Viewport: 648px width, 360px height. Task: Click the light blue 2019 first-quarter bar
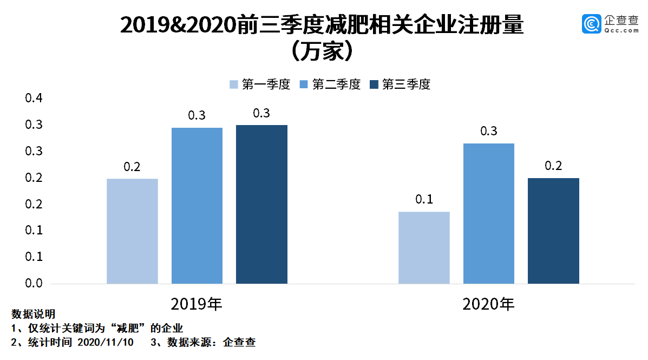[x=132, y=231]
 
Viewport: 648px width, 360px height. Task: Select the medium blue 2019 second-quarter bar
[x=197, y=206]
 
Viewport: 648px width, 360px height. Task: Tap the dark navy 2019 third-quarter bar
[x=261, y=204]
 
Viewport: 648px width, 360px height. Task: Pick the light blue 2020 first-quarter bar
[x=424, y=247]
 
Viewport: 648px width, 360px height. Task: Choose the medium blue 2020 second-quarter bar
[x=489, y=213]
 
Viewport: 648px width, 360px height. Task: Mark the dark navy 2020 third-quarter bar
[x=553, y=231]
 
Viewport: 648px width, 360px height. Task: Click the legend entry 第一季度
[x=260, y=84]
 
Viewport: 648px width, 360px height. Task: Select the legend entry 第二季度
[x=330, y=84]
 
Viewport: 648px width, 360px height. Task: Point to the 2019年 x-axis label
[x=197, y=304]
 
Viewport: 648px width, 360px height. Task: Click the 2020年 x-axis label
[x=488, y=304]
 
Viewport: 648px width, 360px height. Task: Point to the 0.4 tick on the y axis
[x=34, y=99]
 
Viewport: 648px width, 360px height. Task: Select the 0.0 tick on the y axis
[x=34, y=284]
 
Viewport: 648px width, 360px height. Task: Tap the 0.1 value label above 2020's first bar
[x=424, y=200]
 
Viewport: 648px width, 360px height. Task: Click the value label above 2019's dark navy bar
[x=261, y=114]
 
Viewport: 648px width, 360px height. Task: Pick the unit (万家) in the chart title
[x=323, y=52]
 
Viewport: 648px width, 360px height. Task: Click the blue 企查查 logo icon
[x=592, y=23]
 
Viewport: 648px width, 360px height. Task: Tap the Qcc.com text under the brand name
[x=621, y=31]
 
